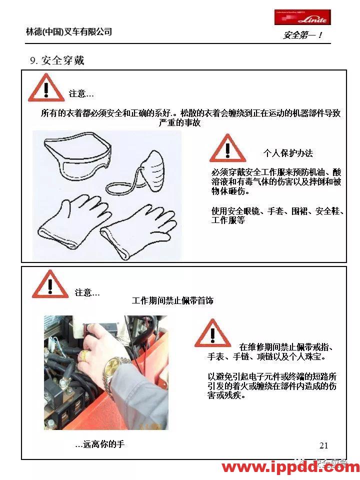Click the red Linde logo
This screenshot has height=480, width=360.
[x=302, y=17]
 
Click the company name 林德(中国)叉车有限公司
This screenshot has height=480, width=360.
[x=69, y=32]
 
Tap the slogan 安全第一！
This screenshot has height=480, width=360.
[x=303, y=35]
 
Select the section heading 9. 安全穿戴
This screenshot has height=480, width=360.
[x=57, y=60]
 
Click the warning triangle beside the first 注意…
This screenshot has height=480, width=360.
[x=46, y=88]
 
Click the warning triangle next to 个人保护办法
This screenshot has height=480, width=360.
[x=227, y=148]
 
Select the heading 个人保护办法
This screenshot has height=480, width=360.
[x=288, y=153]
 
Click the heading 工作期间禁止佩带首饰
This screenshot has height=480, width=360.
[x=172, y=300]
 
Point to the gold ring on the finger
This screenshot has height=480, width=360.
[x=84, y=355]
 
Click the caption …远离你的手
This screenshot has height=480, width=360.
[x=99, y=444]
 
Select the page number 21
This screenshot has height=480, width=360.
[x=323, y=445]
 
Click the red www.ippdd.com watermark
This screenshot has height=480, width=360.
[x=290, y=467]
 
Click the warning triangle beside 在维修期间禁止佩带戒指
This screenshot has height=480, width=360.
[x=212, y=334]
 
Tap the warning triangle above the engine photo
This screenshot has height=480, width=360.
[x=50, y=284]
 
